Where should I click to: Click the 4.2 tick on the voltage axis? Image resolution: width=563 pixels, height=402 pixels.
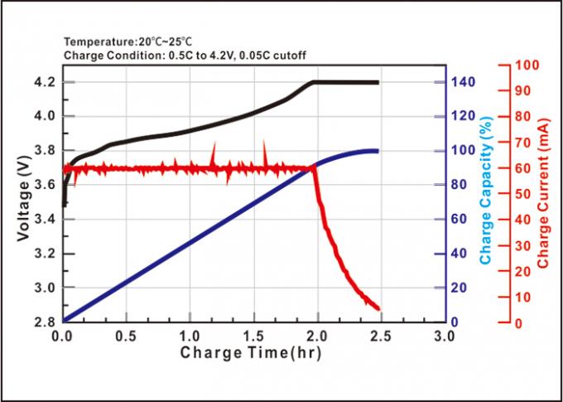point(46,82)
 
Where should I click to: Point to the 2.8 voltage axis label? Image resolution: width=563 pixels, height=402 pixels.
point(46,322)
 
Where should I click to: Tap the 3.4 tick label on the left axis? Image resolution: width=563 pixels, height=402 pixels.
point(46,219)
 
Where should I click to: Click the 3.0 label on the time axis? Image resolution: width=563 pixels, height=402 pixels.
point(445,337)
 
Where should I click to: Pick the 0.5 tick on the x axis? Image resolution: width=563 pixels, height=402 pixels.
point(125,337)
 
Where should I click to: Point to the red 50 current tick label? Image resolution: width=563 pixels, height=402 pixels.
point(524,193)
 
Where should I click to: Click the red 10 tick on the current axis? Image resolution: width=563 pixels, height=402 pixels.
point(524,297)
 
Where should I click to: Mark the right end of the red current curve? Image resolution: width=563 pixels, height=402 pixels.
point(378,308)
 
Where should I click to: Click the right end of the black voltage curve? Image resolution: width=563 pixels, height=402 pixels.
point(378,82)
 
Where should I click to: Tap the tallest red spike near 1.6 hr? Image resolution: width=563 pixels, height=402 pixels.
point(265,143)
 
